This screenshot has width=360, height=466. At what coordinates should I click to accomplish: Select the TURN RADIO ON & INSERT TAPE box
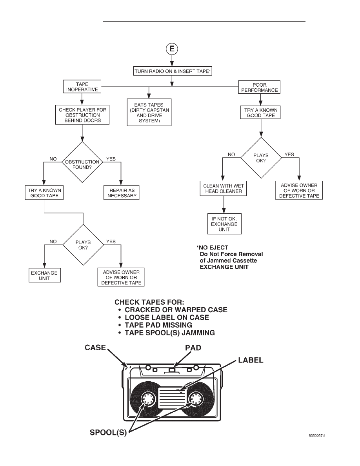[173, 71]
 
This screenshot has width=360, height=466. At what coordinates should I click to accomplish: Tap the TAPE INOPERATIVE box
[82, 87]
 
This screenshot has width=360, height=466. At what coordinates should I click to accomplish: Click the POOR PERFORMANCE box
[259, 87]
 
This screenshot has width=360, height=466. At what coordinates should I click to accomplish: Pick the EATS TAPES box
[149, 112]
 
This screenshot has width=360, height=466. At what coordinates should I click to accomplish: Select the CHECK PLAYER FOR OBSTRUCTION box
[82, 115]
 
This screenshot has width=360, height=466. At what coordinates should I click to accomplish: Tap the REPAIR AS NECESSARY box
[122, 193]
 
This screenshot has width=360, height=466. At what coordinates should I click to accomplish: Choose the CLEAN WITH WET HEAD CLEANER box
[224, 189]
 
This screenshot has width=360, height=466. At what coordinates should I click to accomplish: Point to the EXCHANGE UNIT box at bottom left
[45, 275]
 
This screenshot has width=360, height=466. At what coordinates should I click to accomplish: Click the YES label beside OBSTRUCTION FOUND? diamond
[111, 159]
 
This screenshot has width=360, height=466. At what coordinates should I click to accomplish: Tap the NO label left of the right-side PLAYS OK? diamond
[231, 155]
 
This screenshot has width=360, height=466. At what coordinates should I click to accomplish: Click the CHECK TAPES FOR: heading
[149, 302]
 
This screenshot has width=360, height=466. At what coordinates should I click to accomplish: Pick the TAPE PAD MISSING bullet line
[155, 325]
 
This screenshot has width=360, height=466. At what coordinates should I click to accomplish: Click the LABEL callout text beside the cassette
[251, 360]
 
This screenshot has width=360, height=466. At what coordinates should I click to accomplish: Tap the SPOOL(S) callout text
[108, 432]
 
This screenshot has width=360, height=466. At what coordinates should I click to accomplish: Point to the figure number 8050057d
[316, 436]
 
